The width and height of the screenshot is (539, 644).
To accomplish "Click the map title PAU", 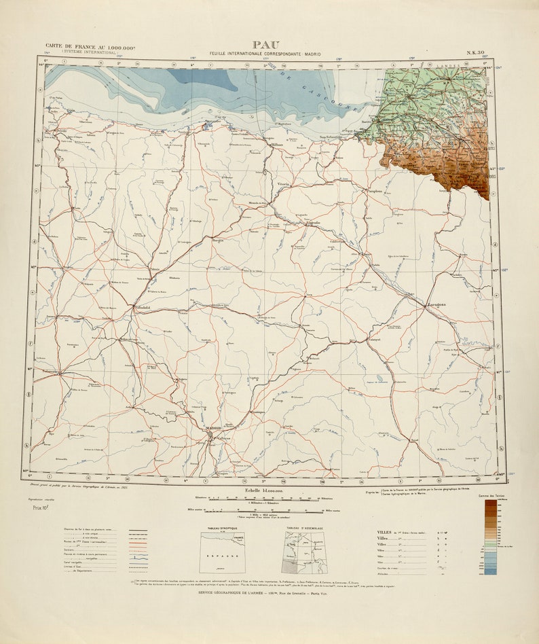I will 265,45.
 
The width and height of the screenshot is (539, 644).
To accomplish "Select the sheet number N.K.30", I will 475,52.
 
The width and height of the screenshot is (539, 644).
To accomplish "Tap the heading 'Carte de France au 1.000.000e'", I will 90,47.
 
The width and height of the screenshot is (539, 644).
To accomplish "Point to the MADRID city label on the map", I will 214,427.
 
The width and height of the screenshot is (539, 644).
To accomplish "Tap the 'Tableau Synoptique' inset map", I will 222,552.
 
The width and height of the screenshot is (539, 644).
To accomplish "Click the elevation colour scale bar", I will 489,537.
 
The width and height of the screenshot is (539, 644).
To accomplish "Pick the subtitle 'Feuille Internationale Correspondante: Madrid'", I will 265,54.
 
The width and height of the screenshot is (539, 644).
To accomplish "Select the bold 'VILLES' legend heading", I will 384,533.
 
